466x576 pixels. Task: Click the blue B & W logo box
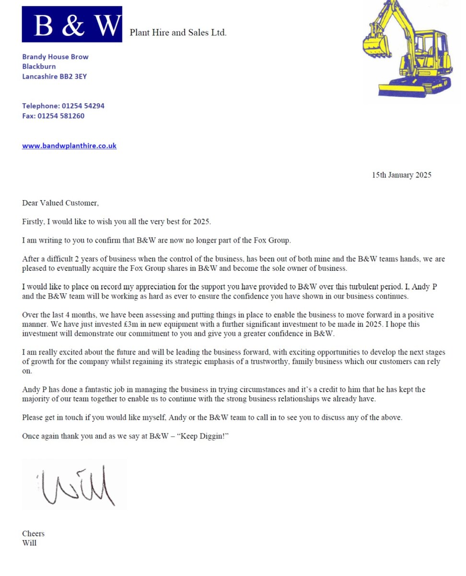click(x=72, y=24)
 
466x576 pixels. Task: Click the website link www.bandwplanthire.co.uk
click(x=69, y=146)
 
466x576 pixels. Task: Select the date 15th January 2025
click(x=401, y=175)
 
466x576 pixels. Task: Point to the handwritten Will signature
click(x=77, y=485)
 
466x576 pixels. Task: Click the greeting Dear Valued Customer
click(x=60, y=203)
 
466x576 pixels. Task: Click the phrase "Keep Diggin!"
click(x=203, y=436)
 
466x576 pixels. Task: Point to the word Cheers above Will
click(x=33, y=534)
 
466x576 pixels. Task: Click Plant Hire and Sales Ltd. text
click(x=178, y=33)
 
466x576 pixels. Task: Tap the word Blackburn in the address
click(x=39, y=66)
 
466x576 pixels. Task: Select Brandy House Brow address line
click(x=55, y=57)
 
